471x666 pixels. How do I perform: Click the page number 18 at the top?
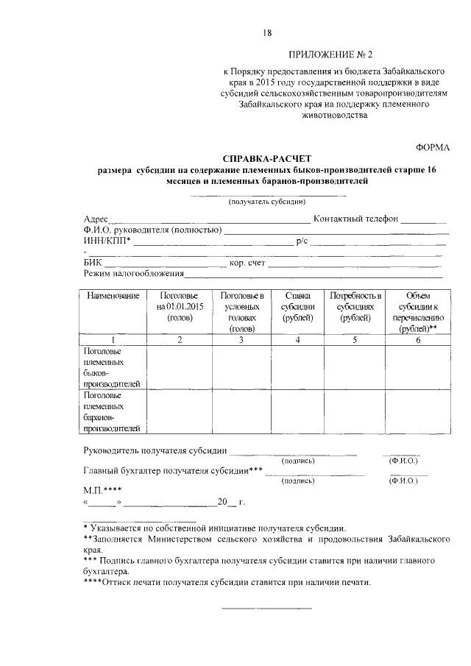[x=267, y=32]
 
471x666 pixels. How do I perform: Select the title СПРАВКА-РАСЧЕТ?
[x=267, y=159]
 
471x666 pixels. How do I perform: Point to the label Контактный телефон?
[x=355, y=219]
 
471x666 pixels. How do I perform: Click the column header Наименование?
[x=113, y=295]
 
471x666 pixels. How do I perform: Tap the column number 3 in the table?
[x=241, y=340]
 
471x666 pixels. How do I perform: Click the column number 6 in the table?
[x=417, y=340]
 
